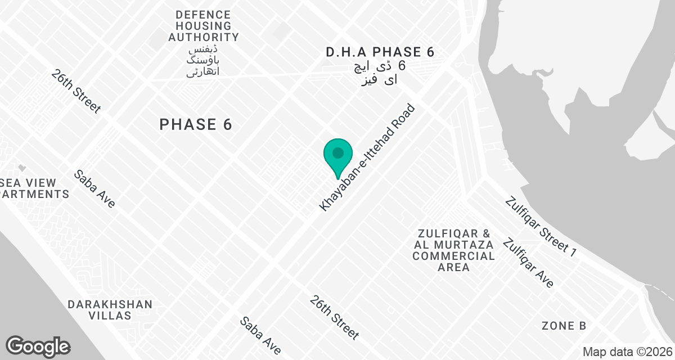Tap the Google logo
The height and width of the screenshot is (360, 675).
coord(38,346)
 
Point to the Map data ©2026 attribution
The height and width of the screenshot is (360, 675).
coord(627,352)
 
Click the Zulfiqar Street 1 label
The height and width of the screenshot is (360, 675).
coord(541,227)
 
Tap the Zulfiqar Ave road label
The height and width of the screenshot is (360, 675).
coord(528,263)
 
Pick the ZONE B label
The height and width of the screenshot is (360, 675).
coord(564,326)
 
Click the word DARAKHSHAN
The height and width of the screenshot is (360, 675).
coord(110,304)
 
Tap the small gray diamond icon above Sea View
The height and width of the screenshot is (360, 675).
coord(21,168)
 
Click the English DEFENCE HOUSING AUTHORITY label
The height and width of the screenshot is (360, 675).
coord(203,26)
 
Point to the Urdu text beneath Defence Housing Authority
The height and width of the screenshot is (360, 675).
coord(203,60)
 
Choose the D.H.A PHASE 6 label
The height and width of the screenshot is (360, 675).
coord(380,52)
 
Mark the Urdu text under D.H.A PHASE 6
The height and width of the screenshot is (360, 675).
coord(380,73)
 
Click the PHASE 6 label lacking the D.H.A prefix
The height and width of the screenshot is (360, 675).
coord(196,124)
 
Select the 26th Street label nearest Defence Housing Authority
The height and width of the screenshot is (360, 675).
coord(76,91)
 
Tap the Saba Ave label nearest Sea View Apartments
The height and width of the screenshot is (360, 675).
coord(94,189)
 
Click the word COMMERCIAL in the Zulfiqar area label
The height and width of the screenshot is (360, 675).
coord(453,256)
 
